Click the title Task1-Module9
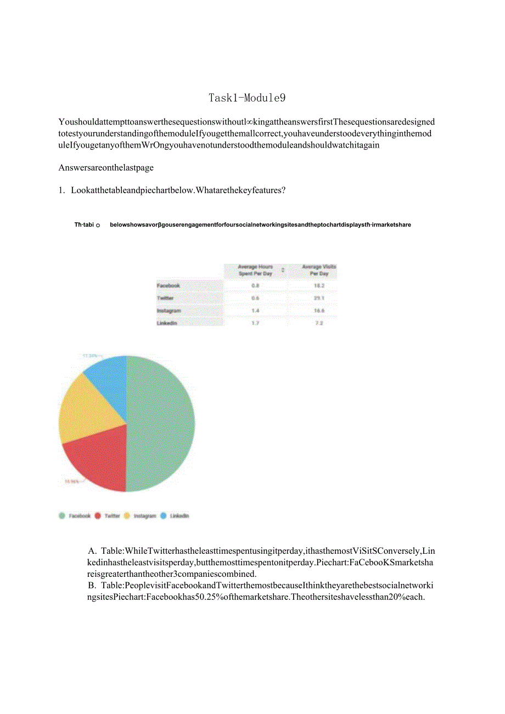click(247, 98)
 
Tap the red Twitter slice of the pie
click(99, 461)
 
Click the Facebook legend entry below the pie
click(75, 516)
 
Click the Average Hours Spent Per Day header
click(255, 270)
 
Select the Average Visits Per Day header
click(319, 270)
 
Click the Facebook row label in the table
click(168, 285)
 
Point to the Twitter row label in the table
click(165, 298)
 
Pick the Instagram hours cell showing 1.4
click(255, 311)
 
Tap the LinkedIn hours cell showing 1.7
click(255, 323)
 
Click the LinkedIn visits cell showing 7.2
click(319, 323)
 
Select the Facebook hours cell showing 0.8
click(255, 285)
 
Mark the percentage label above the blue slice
click(91, 356)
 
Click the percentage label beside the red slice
click(72, 481)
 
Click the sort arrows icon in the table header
click(283, 270)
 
